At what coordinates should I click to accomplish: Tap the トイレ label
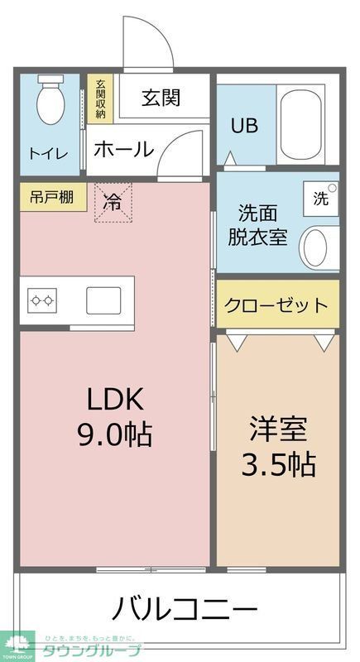pos(49,153)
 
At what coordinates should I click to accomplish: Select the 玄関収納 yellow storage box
pos(100,100)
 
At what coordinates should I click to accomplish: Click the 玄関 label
pos(161,98)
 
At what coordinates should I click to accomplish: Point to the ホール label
pos(122,150)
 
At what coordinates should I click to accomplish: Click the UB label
pos(244,126)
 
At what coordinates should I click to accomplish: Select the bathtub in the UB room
pos(300,124)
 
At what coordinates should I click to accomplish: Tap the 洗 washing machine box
pos(320,199)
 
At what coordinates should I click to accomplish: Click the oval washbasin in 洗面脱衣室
pos(317,246)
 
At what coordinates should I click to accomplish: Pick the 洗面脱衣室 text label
pos(257,223)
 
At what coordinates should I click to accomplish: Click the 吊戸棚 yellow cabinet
pos(52,198)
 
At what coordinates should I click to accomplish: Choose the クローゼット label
pos(276,305)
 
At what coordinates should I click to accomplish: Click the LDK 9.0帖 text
pos(115,415)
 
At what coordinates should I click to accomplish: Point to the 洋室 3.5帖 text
pos(278,447)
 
